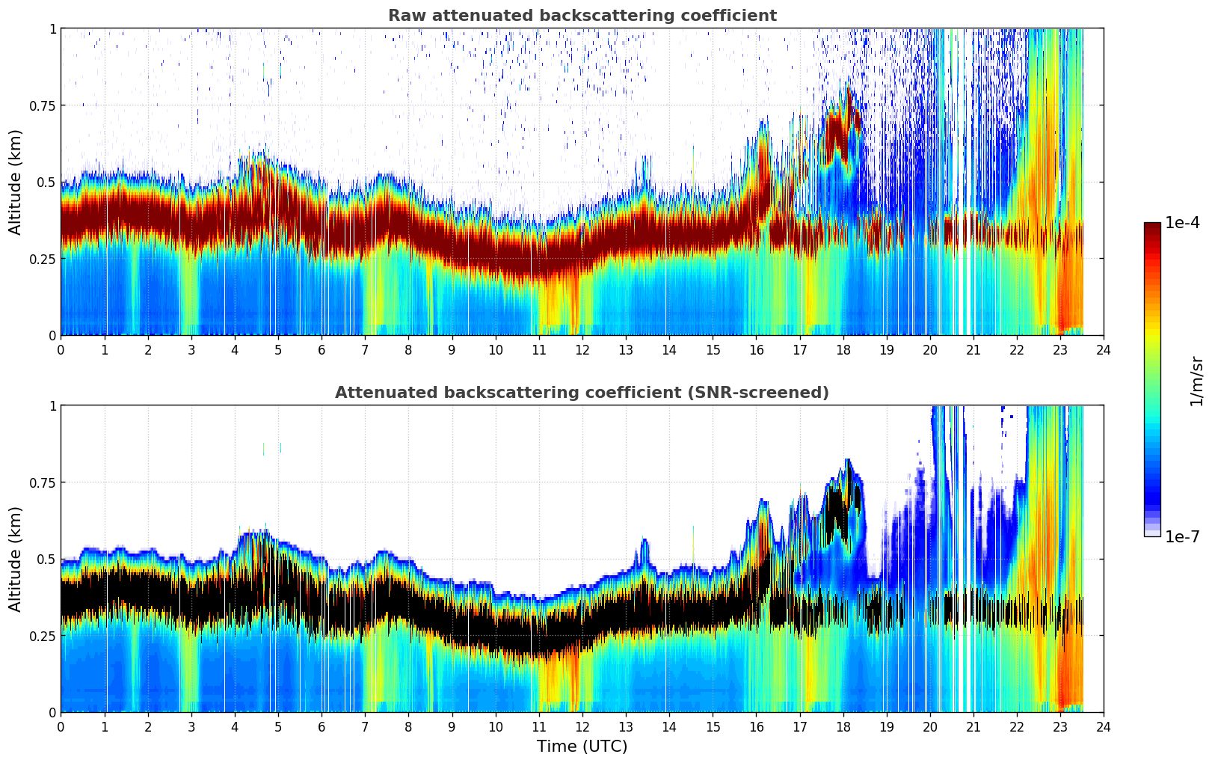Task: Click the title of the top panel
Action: click(582, 16)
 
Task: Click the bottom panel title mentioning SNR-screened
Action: click(582, 393)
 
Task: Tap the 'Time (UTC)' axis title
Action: click(582, 747)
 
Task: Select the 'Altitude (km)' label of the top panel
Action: click(15, 182)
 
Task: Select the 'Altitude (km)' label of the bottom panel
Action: click(15, 559)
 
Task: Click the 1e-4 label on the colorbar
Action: click(1182, 223)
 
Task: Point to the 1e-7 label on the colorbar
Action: click(1182, 536)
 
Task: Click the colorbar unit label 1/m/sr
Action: click(1196, 381)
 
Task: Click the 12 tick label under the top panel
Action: click(582, 349)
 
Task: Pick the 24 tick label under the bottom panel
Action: click(1104, 726)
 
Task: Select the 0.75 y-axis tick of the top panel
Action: click(42, 105)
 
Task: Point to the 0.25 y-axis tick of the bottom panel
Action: click(42, 636)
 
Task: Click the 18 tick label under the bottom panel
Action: click(843, 726)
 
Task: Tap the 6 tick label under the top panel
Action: click(322, 349)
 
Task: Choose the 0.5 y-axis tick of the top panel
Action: click(46, 182)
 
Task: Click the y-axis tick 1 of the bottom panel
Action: click(52, 405)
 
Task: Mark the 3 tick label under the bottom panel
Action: click(191, 726)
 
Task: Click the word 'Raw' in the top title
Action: click(404, 16)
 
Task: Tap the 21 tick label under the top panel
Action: click(973, 349)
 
